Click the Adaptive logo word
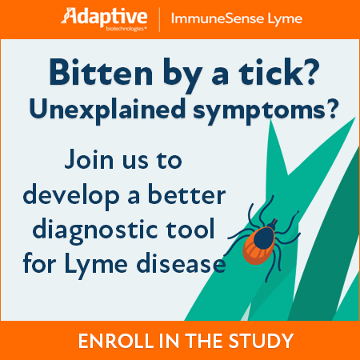[104, 17]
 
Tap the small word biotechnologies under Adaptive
[126, 29]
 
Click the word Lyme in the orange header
[285, 19]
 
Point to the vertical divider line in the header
[159, 20]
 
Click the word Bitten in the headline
[101, 72]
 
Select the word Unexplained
[107, 110]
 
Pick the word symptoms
[259, 111]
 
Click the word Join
[89, 159]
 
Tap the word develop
[71, 197]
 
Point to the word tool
[190, 229]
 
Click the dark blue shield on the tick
[264, 238]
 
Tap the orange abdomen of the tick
[255, 250]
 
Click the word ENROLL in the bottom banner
[115, 341]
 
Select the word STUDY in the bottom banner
[261, 341]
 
